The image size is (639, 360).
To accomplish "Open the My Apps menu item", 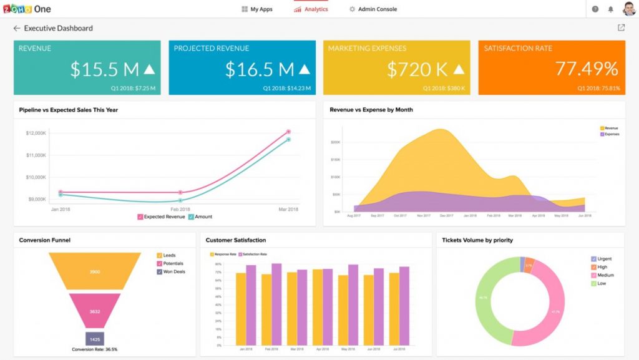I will point(257,9).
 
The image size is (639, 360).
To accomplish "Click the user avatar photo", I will point(628,9).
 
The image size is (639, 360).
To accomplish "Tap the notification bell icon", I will point(610,9).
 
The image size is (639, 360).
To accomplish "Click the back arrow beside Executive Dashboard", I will point(17,28).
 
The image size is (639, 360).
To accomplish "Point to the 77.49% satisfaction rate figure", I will point(586,69).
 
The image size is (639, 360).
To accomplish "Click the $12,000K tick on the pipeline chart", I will point(36,133).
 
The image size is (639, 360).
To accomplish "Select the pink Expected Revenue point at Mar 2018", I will point(288,132).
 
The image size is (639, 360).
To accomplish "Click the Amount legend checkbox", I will point(192,216).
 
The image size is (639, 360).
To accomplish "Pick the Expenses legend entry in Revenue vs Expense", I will point(608,134).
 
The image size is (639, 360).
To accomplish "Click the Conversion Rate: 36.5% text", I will point(94,349).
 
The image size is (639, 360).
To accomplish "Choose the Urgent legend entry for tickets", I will point(602,258).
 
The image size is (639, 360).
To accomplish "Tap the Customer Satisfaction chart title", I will point(236,240).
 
